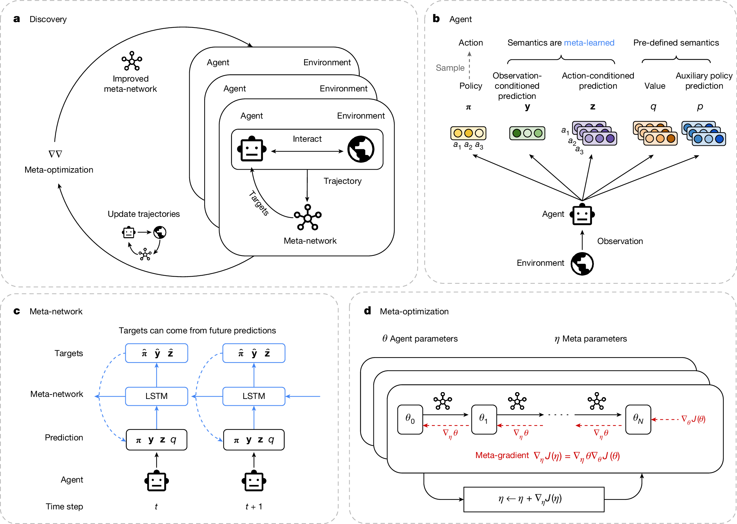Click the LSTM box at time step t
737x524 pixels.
156,396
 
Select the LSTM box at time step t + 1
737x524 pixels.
253,396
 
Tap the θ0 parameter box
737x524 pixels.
410,419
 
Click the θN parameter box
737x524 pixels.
638,419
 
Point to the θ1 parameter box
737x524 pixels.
484,419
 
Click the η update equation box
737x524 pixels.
533,499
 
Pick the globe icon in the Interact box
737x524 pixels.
361,149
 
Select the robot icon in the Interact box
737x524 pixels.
251,149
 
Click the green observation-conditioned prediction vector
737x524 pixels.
527,133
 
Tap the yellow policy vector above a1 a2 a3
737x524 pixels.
468,133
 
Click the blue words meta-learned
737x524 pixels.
589,43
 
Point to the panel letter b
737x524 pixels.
436,19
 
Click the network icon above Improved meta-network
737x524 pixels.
131,61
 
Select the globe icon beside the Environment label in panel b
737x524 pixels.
582,264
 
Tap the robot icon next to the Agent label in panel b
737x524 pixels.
582,215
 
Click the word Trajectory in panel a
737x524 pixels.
342,181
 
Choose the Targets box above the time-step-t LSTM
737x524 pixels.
156,353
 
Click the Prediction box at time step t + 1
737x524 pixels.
253,440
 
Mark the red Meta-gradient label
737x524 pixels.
502,455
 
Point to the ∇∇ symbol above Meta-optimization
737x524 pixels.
55,154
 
